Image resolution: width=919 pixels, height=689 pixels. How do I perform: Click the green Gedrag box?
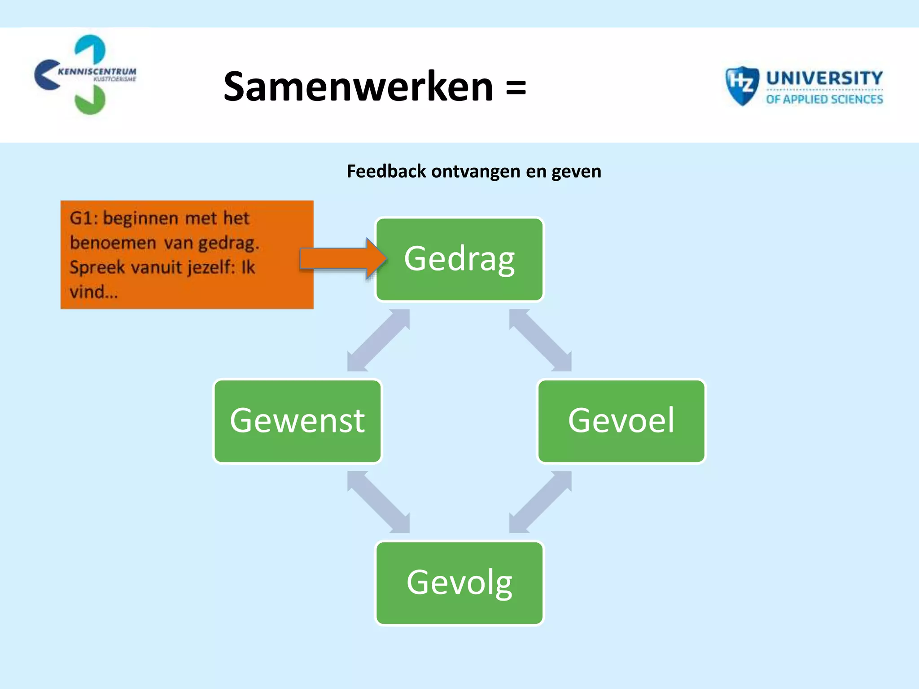tap(459, 259)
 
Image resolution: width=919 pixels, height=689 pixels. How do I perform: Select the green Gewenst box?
tap(297, 421)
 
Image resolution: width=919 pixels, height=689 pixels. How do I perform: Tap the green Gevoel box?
tap(621, 421)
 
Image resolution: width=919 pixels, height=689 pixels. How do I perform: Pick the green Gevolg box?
tap(459, 583)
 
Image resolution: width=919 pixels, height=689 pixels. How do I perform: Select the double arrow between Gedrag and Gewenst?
tap(378, 340)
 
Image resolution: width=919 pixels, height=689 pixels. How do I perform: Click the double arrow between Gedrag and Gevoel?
tap(540, 340)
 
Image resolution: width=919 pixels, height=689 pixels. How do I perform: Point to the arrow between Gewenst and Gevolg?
tap(378, 502)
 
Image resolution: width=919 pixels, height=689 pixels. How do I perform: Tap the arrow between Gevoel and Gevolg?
tap(540, 502)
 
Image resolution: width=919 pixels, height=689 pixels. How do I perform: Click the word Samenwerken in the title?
tap(358, 86)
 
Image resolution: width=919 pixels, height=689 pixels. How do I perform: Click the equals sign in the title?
tap(516, 87)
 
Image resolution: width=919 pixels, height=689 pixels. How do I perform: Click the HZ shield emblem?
tap(741, 85)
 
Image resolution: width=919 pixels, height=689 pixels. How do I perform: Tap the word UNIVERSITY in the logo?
tap(824, 78)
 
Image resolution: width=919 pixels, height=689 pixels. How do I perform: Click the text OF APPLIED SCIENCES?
tap(824, 99)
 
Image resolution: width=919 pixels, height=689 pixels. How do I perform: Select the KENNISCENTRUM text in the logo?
tap(97, 71)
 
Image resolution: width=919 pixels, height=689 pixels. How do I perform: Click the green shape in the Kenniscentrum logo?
tap(90, 101)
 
